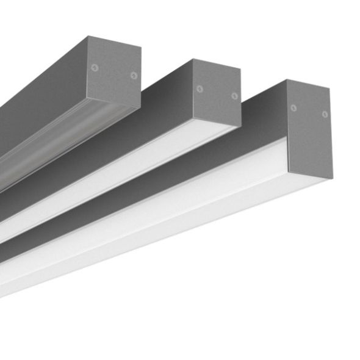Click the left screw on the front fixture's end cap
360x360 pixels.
[293, 108]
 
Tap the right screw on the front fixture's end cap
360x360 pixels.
[325, 114]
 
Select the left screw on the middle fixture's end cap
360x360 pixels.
[200, 89]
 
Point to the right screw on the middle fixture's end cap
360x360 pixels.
[234, 96]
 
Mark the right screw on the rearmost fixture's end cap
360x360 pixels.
[133, 75]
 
